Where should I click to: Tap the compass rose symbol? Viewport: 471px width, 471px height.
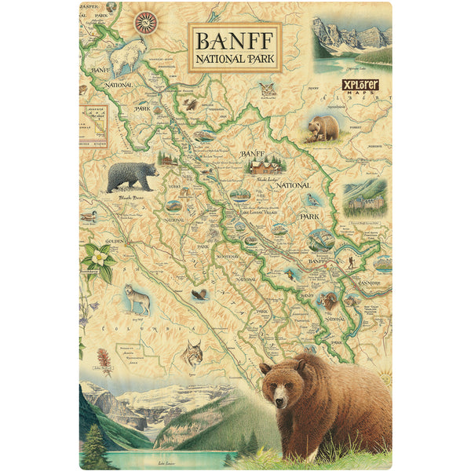coord(145,22)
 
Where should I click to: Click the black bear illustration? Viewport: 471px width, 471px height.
coord(131,177)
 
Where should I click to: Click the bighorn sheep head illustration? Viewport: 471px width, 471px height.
coord(328,299)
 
